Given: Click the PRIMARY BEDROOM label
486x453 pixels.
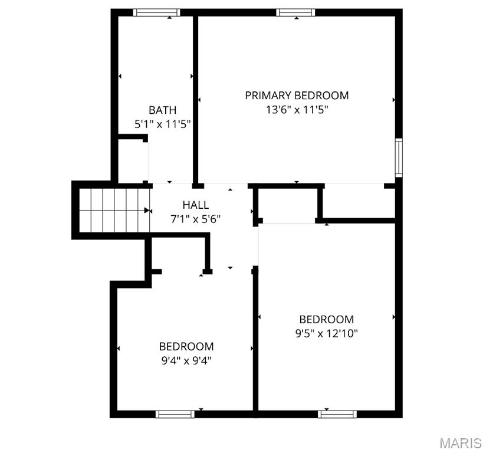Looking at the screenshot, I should (297, 95).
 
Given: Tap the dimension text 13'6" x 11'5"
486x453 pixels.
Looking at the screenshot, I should (297, 110).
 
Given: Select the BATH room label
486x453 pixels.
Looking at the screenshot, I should (162, 110).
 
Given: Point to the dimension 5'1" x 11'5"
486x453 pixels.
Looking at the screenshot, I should (162, 124).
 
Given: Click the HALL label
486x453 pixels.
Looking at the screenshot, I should (195, 205).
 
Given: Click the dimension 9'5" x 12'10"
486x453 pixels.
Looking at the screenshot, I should (326, 333).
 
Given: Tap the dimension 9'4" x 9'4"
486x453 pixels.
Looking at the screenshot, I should (186, 360).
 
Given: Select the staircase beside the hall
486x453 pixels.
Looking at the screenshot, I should (112, 210).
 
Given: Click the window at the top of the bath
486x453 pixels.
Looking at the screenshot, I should (156, 12).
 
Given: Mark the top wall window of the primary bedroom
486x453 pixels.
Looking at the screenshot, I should (295, 12).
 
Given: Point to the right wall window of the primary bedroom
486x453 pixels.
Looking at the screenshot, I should (399, 157).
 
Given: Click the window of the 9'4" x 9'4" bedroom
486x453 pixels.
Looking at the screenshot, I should (175, 414).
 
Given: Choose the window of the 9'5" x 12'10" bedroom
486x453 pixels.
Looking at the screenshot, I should (337, 414).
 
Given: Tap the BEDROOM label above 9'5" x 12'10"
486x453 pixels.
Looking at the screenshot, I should (326, 319).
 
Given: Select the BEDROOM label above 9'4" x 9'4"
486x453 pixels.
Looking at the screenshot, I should (186, 346).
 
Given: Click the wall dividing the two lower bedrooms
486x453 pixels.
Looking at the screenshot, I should (255, 342).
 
